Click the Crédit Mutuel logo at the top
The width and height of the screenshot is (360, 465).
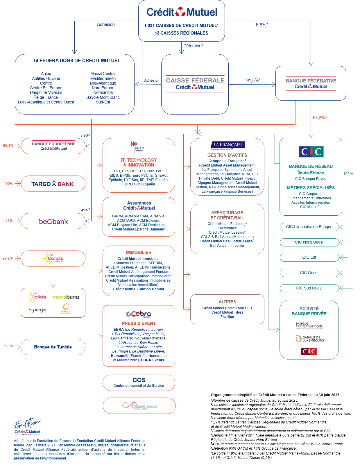point(182,12)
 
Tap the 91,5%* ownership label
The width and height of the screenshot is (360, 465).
point(253,81)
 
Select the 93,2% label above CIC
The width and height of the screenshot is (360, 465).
point(319,118)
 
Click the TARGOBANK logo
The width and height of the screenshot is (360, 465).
point(53,184)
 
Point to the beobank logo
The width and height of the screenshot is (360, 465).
point(53,222)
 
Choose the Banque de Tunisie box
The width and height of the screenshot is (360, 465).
point(53,347)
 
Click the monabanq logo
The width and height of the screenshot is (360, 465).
point(65,297)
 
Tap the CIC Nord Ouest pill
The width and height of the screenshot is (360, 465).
point(309,242)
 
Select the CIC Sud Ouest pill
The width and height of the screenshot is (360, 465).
point(309,288)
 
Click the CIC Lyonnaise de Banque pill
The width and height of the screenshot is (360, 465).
point(309,227)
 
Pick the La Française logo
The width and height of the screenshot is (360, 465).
point(228,145)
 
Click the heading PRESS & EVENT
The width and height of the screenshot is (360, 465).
point(139,323)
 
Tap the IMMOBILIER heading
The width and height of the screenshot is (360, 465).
point(139,253)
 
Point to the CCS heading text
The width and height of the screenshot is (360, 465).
point(139,380)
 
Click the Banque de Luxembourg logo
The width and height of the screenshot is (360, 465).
point(309,339)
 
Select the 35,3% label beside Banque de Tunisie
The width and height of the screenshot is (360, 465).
point(8,346)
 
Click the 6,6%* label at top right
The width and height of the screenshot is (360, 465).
point(262,25)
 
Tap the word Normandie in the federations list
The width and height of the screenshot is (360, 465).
point(103,93)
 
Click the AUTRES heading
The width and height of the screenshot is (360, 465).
point(227,302)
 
